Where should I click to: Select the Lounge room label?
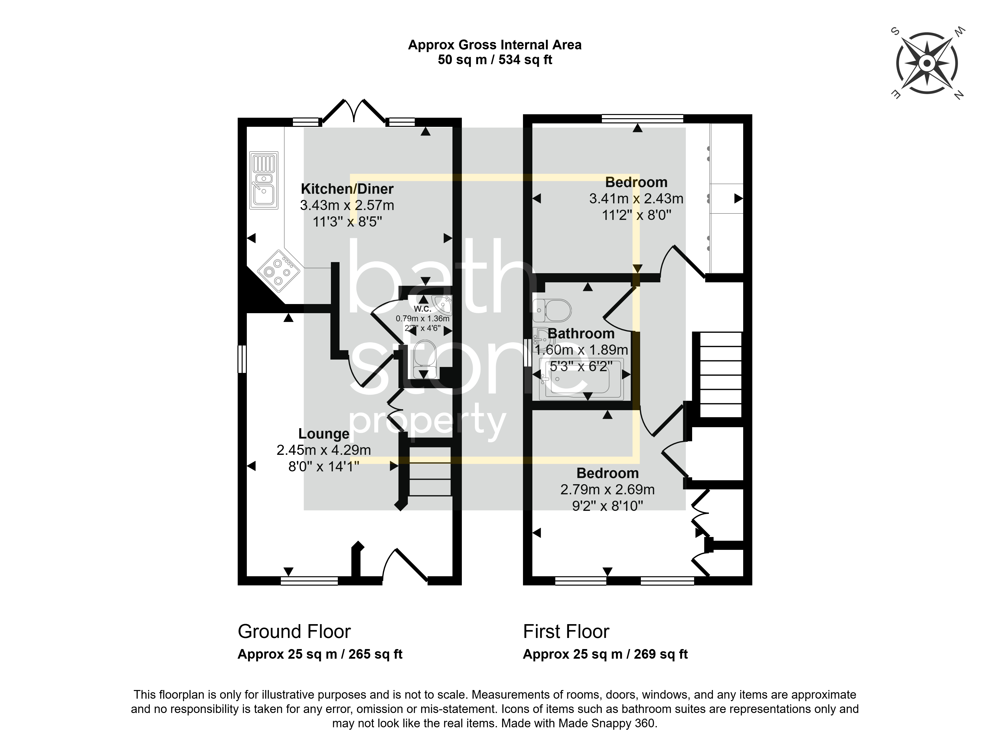pyautogui.click(x=324, y=434)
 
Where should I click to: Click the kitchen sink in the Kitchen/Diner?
pyautogui.click(x=264, y=181)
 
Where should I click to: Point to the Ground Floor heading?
pyautogui.click(x=294, y=632)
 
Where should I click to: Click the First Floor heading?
pyautogui.click(x=566, y=632)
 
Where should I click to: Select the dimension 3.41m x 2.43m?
pyautogui.click(x=636, y=198)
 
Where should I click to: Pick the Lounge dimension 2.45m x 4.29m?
pyautogui.click(x=324, y=450)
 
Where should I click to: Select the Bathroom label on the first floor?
pyautogui.click(x=581, y=333)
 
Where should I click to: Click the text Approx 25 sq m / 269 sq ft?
pyautogui.click(x=605, y=654)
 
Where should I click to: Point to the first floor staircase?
pyautogui.click(x=720, y=375)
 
